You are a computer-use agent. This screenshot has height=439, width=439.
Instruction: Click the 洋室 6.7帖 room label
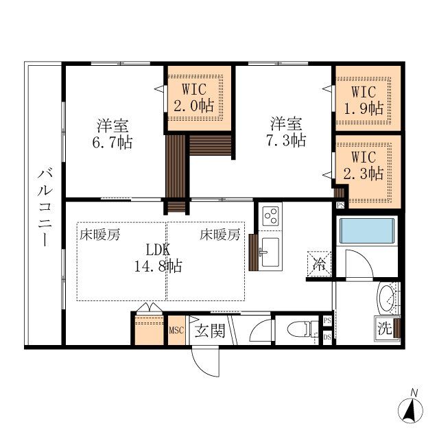pyautogui.click(x=114, y=134)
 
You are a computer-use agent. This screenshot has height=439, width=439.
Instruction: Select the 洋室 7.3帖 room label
pyautogui.click(x=287, y=132)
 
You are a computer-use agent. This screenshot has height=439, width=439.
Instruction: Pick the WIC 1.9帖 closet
pyautogui.click(x=367, y=99)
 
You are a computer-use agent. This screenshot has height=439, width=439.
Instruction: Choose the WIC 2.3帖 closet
pyautogui.click(x=367, y=167)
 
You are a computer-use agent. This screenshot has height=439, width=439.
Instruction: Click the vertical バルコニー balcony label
pyautogui.click(x=44, y=205)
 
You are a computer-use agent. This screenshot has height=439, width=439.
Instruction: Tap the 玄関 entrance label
pyautogui.click(x=209, y=331)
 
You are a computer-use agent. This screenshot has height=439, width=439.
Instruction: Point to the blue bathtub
pyautogui.click(x=368, y=232)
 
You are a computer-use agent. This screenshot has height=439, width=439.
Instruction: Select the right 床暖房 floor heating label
pyautogui.click(x=220, y=235)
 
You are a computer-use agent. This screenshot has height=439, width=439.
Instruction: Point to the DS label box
pyautogui.click(x=327, y=337)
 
